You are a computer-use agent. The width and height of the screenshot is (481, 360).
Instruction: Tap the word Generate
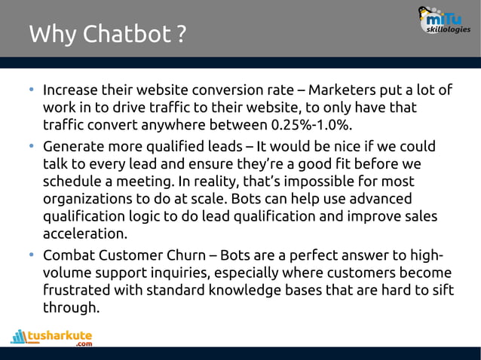tap(73, 146)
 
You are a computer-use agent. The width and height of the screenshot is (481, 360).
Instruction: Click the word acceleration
tap(84, 234)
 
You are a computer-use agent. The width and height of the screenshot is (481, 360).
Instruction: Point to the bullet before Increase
tap(32, 90)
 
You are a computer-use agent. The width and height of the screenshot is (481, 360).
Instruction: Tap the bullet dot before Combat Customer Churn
tap(32, 254)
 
